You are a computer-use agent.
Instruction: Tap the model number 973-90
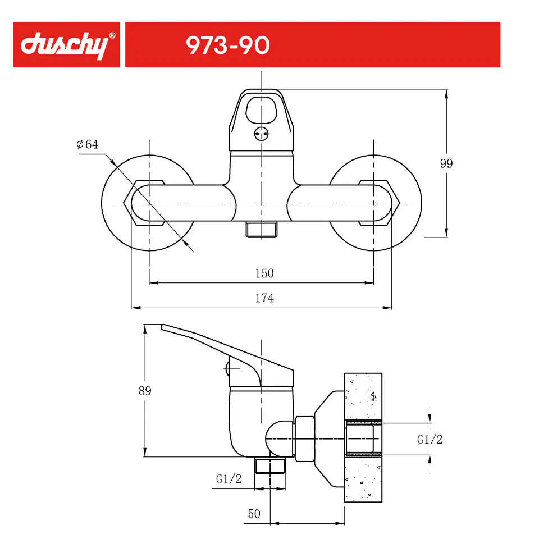coord(228,45)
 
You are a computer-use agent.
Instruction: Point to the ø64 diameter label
coord(88,144)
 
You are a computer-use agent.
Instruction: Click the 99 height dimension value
coord(446,163)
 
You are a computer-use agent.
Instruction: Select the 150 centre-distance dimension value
coord(264,273)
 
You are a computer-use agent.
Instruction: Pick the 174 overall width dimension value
coord(264,298)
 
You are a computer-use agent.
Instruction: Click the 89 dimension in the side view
coord(145,391)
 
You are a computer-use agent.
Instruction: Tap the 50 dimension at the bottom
coord(254,514)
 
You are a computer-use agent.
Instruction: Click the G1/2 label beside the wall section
coord(430,439)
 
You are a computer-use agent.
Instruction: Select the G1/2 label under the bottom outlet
coord(229,479)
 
